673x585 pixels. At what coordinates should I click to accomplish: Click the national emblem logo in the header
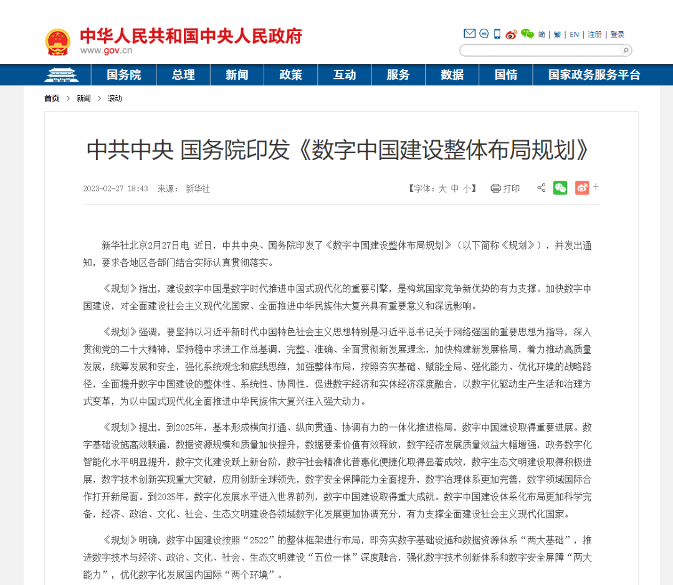click(x=57, y=42)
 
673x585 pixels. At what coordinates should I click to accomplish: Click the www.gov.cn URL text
click(x=106, y=51)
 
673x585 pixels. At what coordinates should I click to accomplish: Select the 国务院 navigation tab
click(x=123, y=75)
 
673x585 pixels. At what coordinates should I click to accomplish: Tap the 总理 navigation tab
click(x=183, y=75)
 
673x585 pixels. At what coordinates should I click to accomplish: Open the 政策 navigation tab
click(x=291, y=75)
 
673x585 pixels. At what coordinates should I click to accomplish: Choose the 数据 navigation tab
click(x=452, y=75)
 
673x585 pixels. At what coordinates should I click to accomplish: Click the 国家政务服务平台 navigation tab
click(x=594, y=75)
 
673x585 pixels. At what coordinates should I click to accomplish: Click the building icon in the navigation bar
click(x=60, y=75)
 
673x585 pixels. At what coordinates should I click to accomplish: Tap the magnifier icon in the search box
click(x=625, y=50)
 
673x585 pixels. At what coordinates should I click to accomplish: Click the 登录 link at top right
click(x=618, y=34)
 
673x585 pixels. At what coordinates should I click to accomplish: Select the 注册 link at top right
click(x=595, y=34)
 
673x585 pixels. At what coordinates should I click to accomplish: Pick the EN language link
click(x=575, y=34)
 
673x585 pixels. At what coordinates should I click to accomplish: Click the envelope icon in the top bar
click(x=469, y=34)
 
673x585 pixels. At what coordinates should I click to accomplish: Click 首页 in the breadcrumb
click(x=52, y=98)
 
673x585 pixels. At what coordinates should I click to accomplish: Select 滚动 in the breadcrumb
click(x=115, y=98)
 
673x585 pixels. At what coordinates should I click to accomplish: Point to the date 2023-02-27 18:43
click(x=115, y=188)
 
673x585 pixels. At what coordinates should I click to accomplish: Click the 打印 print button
click(x=505, y=188)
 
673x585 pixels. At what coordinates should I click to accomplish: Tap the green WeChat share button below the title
click(x=560, y=188)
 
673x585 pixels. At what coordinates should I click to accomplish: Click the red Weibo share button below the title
click(x=582, y=188)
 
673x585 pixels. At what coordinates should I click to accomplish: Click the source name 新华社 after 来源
click(x=198, y=188)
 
